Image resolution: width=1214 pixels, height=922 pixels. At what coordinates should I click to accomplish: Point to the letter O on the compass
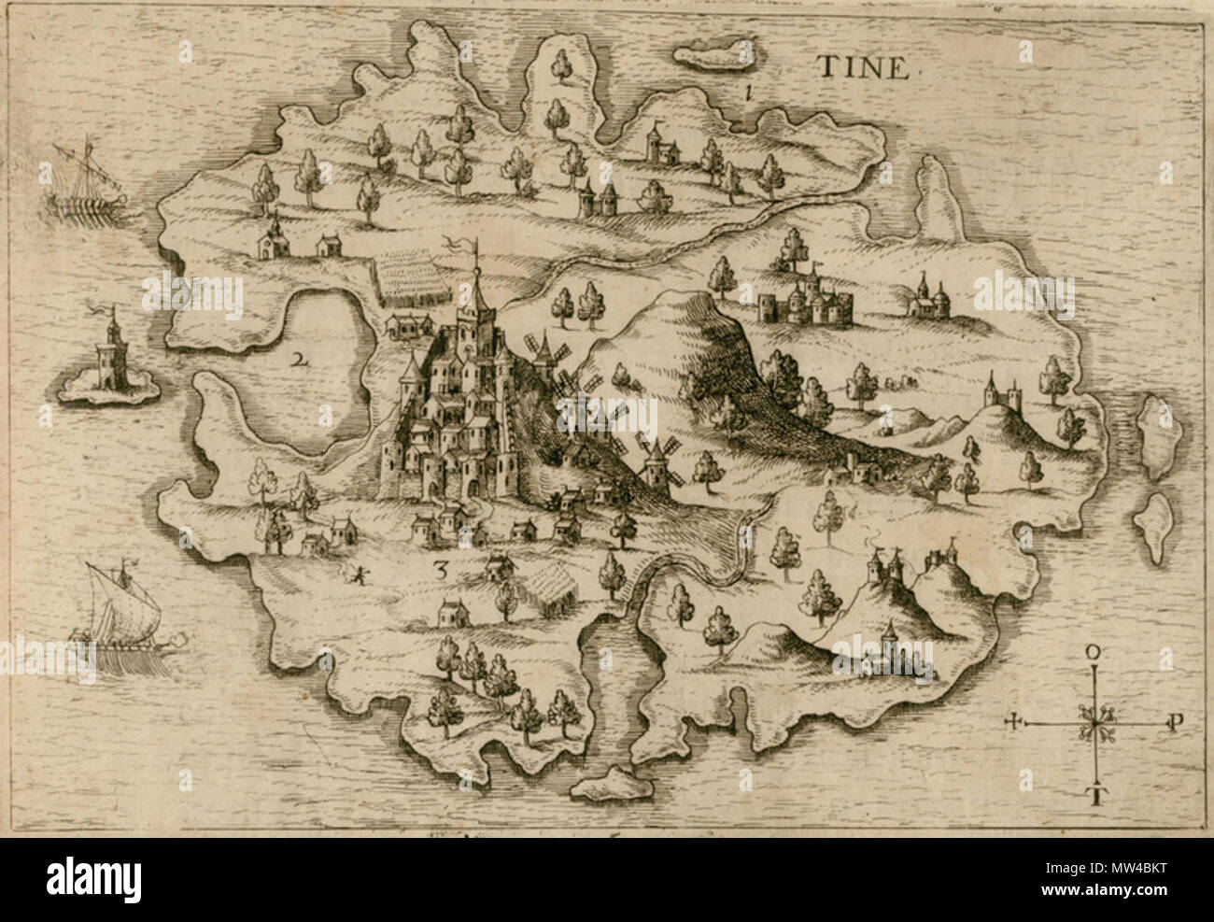coord(1093,651)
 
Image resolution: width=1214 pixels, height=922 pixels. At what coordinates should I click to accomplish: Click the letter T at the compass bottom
coord(1094,796)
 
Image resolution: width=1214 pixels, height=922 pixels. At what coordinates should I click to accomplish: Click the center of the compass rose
coord(1094,723)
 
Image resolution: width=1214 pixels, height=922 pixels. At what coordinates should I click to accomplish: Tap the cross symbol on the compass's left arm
coord(1015,722)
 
